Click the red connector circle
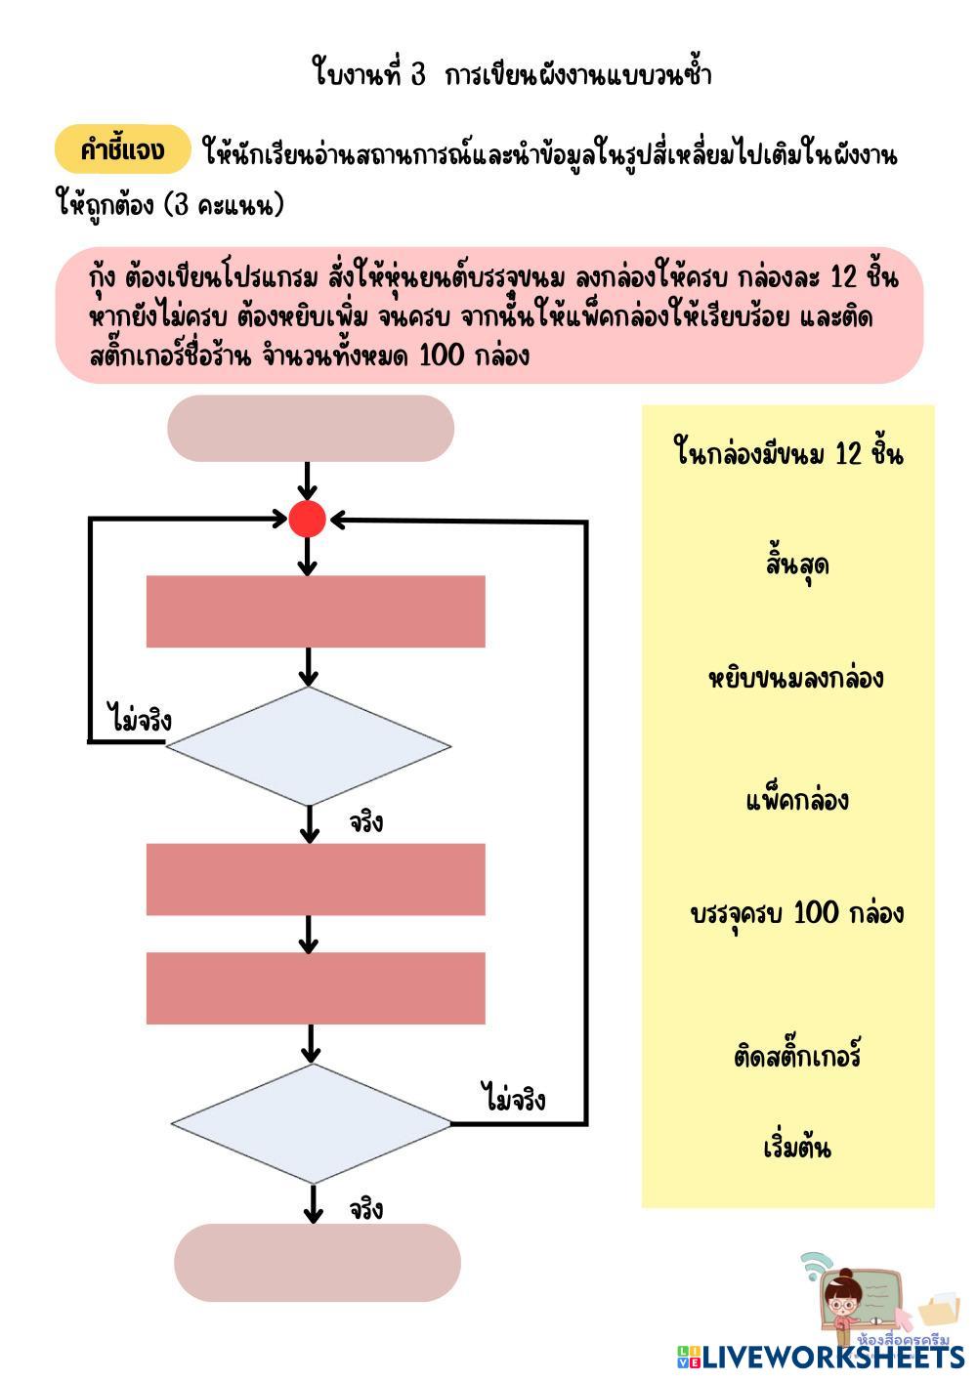307,520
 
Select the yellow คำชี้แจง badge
121,149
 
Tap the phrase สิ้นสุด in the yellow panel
796,565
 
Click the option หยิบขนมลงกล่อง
795,678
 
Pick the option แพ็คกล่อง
796,801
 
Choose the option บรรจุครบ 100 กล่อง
796,913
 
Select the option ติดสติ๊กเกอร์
796,1057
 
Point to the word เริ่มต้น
796,1146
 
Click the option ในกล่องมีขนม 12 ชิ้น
788,454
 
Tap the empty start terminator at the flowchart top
311,428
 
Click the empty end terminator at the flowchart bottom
317,1262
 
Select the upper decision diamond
309,746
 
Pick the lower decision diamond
312,1123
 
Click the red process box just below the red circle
316,611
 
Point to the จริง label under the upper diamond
366,822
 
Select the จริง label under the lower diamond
366,1209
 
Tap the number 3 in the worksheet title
417,75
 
